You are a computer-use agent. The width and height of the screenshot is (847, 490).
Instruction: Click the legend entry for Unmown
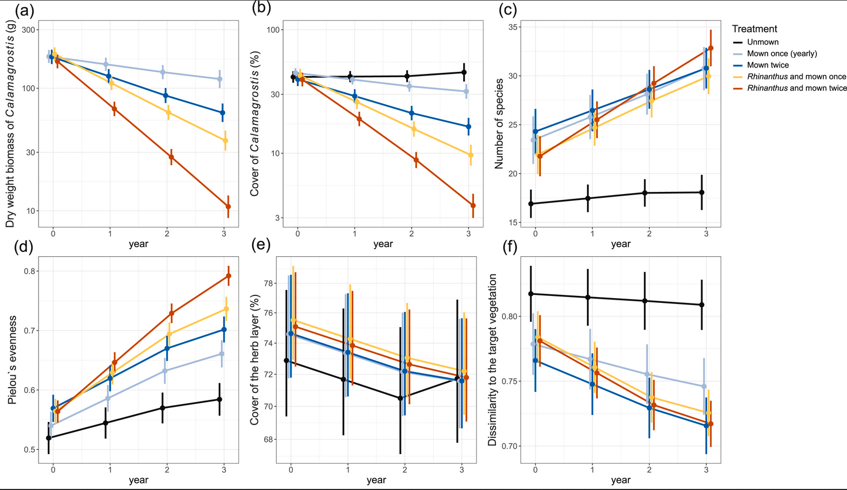(762, 42)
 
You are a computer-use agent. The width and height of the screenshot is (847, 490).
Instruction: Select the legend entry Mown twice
(768, 65)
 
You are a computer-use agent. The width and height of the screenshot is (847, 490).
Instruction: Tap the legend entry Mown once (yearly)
(782, 54)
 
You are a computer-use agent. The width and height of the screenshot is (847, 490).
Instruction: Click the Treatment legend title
(754, 29)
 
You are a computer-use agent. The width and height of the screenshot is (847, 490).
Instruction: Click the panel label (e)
(261, 246)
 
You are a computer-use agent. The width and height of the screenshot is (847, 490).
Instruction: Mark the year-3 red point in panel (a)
(228, 206)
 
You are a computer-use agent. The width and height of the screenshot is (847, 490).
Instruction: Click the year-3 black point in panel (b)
(464, 72)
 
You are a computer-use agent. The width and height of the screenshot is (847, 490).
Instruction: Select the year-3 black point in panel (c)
(702, 192)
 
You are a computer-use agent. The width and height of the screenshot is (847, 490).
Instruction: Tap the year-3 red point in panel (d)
(228, 276)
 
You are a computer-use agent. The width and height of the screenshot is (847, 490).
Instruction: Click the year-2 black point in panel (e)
(400, 398)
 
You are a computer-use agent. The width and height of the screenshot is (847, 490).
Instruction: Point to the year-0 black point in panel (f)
(531, 294)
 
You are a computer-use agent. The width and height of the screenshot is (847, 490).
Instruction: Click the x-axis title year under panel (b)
(383, 244)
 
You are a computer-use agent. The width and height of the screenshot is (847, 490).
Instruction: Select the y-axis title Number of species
(499, 123)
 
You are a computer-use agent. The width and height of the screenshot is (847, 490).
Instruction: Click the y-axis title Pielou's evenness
(12, 360)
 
